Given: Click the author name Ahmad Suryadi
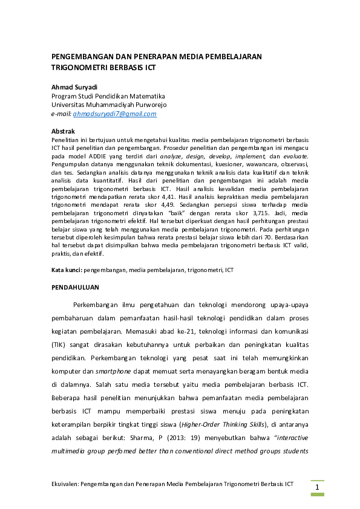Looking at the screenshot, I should tap(74, 87).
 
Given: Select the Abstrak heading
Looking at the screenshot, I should tap(64, 131).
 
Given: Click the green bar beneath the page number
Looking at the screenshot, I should tap(318, 494).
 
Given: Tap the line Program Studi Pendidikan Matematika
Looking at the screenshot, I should tap(108, 96).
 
